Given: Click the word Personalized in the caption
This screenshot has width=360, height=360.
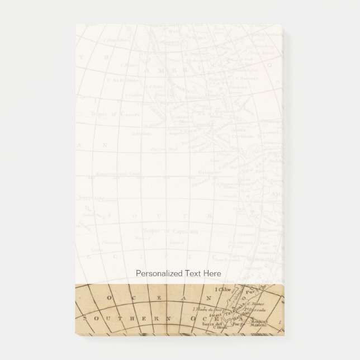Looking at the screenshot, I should [x=159, y=273].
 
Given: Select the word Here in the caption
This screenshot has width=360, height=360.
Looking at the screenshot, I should [x=211, y=273].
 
